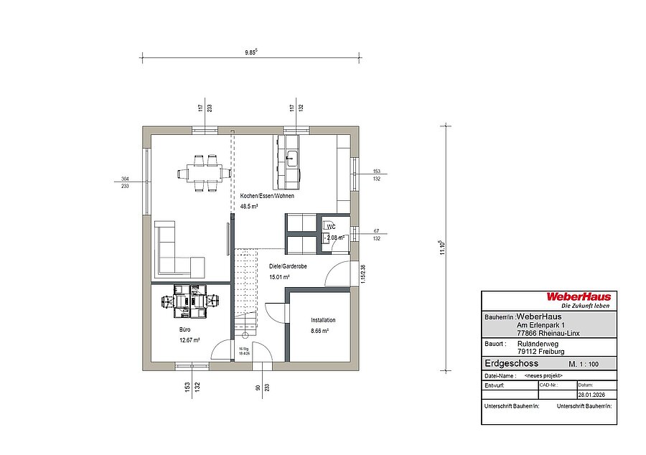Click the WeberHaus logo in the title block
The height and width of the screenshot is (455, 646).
(578, 296)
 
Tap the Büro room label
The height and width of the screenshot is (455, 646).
(184, 329)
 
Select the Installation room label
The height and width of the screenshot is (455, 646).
(323, 320)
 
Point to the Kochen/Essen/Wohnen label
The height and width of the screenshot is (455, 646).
(267, 196)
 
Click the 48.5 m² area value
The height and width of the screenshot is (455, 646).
(249, 206)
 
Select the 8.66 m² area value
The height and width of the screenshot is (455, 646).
(319, 331)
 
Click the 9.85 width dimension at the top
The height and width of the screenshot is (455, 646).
(251, 52)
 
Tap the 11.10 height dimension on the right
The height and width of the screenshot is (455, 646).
(442, 248)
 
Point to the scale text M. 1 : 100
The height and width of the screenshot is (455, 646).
(583, 365)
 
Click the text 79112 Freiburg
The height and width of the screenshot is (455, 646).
(540, 352)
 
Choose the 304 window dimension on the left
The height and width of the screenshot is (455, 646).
(125, 178)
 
